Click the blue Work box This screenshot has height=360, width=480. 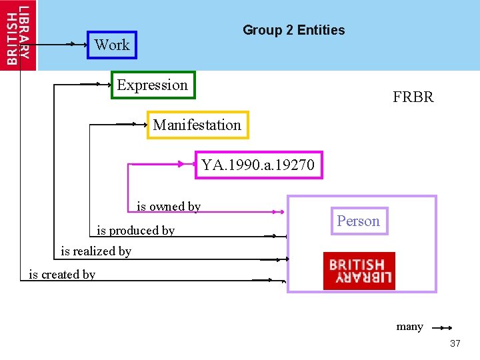[112, 45]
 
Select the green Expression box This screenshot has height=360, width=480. [153, 85]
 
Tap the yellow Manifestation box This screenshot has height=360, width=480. [197, 125]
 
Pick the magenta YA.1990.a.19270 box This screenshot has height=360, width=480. [259, 165]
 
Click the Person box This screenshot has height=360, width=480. [358, 221]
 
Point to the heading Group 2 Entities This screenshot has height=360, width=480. [293, 30]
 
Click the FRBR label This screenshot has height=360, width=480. [413, 97]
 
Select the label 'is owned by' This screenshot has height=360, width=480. [169, 207]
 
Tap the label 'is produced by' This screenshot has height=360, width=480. [136, 231]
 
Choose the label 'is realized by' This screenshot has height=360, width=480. [96, 251]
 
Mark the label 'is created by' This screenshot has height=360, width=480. [62, 274]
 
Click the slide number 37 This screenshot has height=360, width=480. [455, 343]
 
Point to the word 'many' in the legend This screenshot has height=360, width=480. [409, 327]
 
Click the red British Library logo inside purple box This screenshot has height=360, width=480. [359, 271]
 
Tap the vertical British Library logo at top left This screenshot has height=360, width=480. [18, 35]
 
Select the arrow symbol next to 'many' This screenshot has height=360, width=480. [442, 327]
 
